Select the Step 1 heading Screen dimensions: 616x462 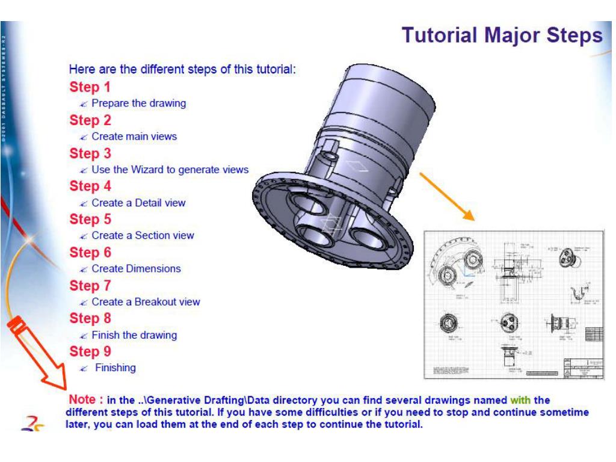click(90, 87)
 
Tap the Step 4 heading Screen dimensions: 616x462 click(90, 186)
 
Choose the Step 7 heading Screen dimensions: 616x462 click(90, 285)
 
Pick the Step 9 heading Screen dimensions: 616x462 click(90, 351)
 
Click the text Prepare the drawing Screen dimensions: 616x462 click(138, 103)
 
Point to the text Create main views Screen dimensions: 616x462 click(134, 137)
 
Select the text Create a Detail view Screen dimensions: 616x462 click(138, 203)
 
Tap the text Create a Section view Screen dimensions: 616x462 click(143, 236)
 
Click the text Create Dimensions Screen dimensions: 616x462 click(136, 269)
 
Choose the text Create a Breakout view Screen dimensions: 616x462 click(146, 302)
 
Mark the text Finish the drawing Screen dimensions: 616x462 click(134, 335)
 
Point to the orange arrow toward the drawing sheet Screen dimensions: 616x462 click(446, 196)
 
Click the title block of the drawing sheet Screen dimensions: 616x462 click(582, 368)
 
